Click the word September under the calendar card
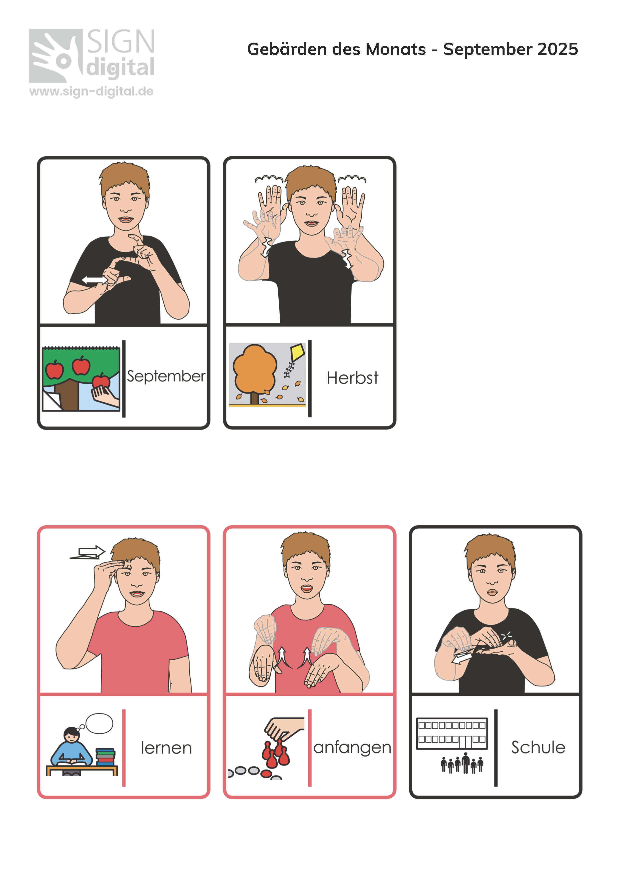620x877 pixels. pos(166,376)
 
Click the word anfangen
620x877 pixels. pos(352,748)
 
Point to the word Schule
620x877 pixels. pos(538,747)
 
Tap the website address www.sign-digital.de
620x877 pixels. pos(91,91)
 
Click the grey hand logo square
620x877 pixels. pos(56,56)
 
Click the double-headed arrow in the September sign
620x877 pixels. pos(94,280)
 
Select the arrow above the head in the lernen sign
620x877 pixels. pos(88,552)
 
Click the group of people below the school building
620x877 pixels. pos(462,763)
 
